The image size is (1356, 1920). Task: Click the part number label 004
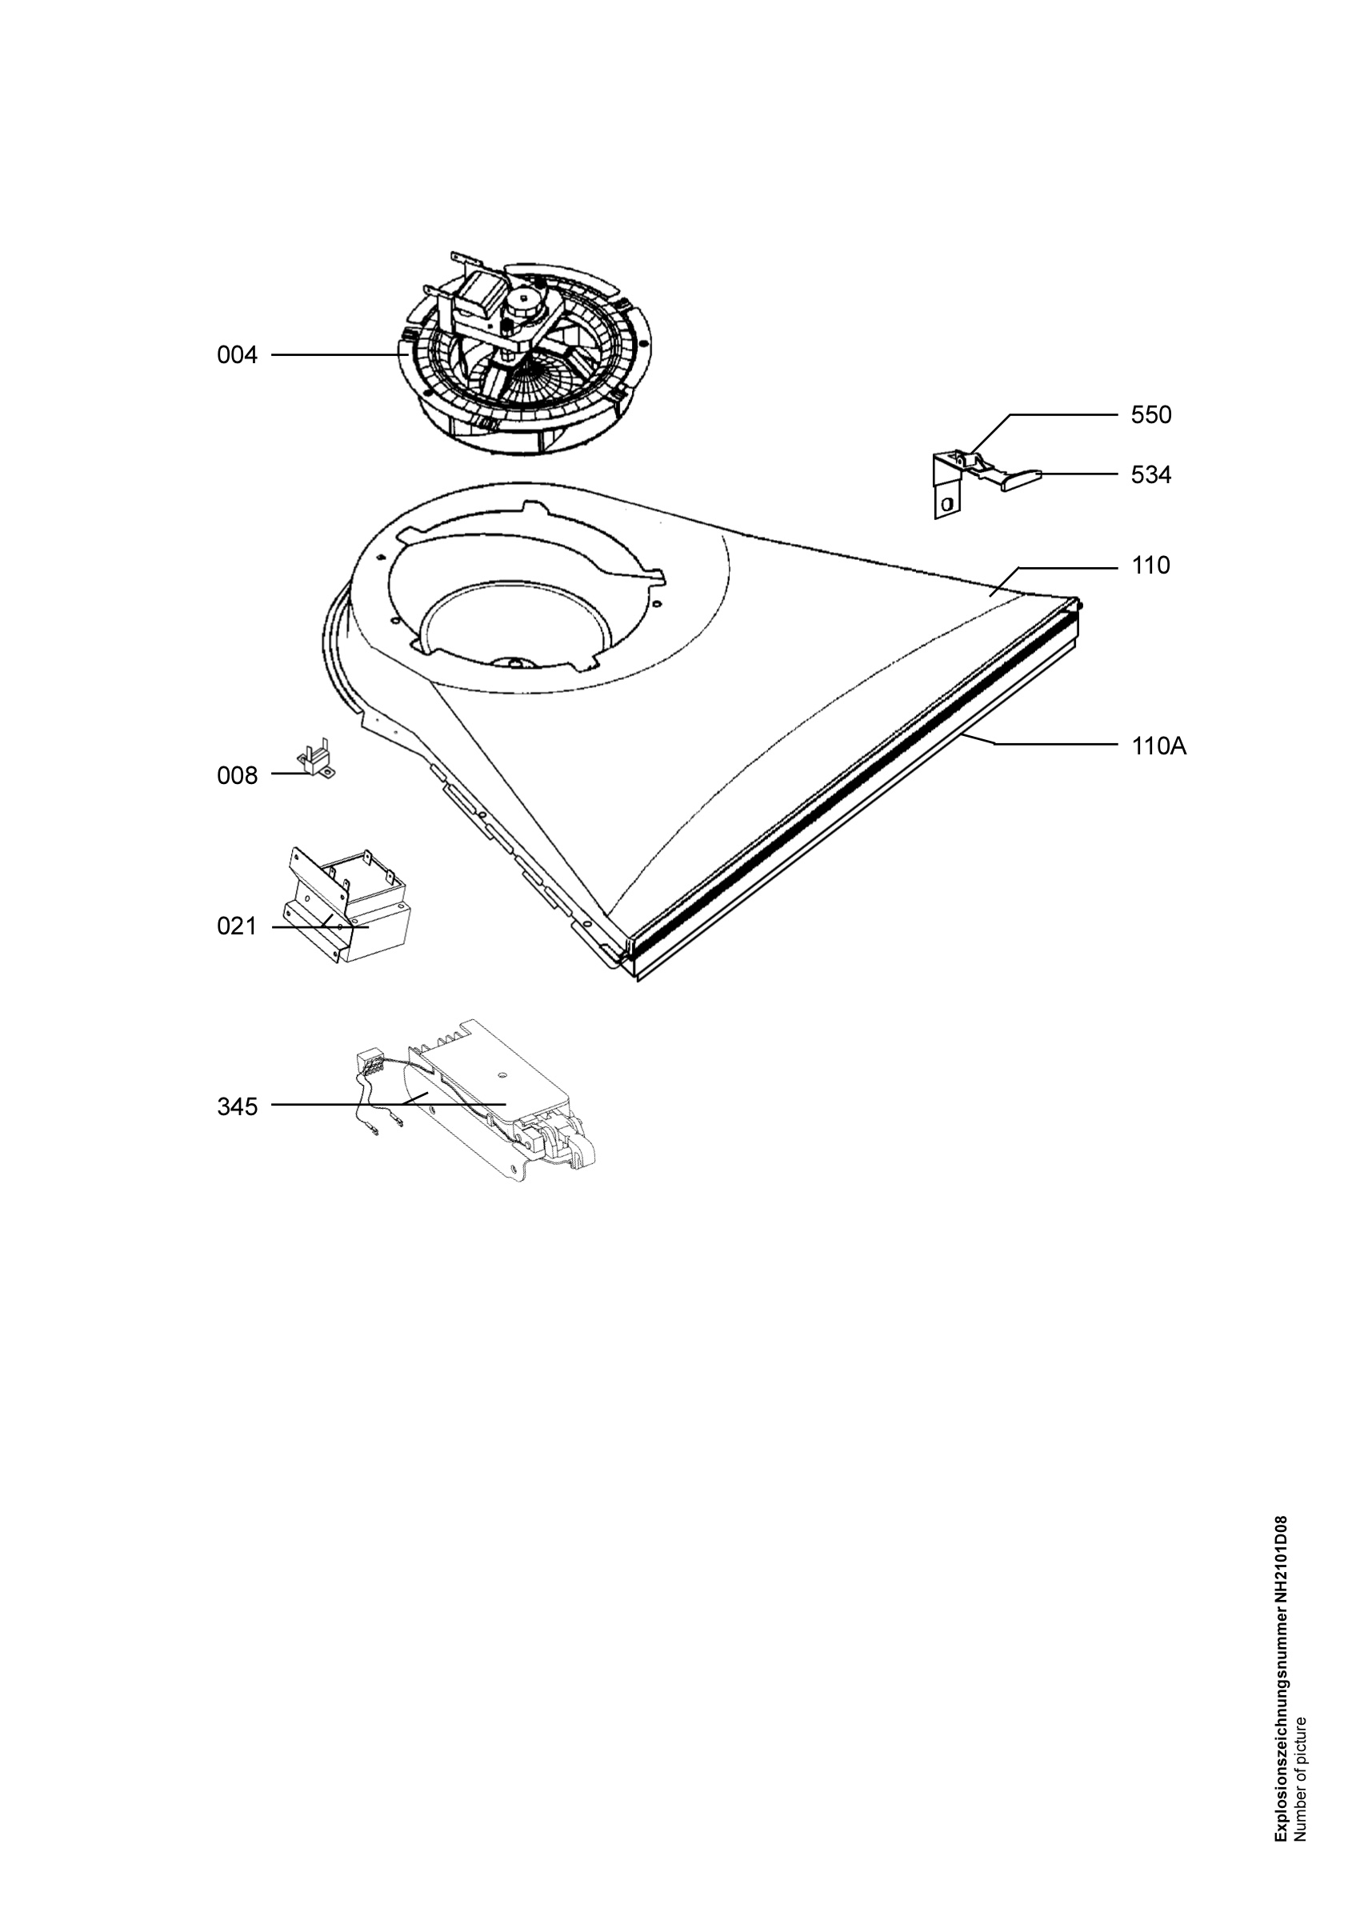pos(237,355)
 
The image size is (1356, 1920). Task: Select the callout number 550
pos(1151,414)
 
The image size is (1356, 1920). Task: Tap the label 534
pos(1151,475)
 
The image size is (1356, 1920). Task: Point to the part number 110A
pos(1158,746)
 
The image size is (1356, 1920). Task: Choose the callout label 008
pos(237,776)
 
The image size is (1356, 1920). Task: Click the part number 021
pos(237,926)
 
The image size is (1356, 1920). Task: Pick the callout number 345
pos(237,1107)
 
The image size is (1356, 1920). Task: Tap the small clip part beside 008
pos(316,758)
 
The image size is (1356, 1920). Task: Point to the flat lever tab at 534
pos(1020,478)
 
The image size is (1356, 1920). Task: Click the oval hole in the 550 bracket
pos(946,504)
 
